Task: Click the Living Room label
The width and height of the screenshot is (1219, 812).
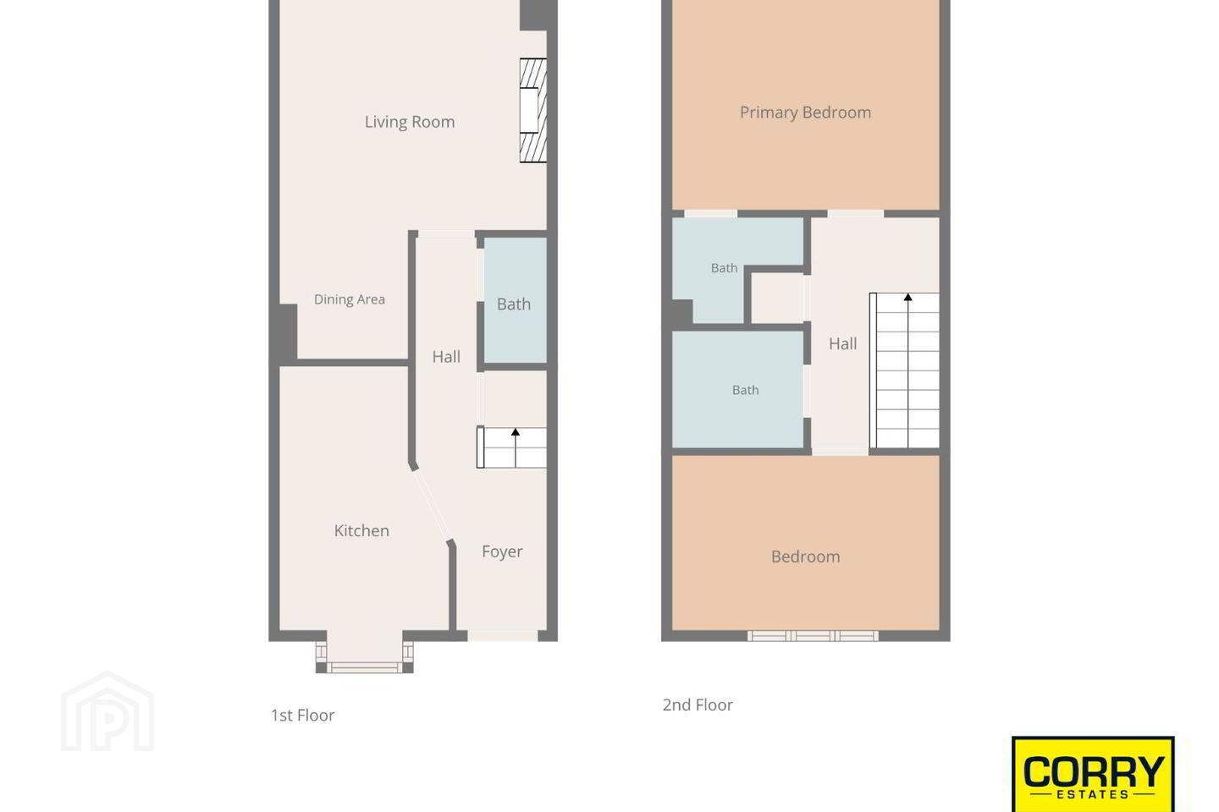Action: pos(409,122)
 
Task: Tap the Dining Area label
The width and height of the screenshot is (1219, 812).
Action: pos(350,299)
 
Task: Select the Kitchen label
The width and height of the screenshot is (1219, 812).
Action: pos(361,530)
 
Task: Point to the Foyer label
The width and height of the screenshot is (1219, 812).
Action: pos(502,551)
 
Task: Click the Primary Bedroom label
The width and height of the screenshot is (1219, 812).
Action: pos(805,112)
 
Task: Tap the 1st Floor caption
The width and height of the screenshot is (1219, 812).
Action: pos(302,716)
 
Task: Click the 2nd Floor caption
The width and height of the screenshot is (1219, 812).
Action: pos(698,705)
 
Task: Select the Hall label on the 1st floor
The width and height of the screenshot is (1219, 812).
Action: pos(446,357)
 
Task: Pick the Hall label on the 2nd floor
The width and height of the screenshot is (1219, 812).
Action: pos(843,343)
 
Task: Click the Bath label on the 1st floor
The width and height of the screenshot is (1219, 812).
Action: pos(514,304)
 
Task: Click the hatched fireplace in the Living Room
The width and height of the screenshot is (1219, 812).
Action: pos(532,111)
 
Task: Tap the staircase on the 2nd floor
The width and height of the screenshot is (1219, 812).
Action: pos(904,370)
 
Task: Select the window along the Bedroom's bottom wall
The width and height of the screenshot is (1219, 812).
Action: pos(813,636)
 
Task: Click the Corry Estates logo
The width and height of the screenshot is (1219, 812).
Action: pos(1093,774)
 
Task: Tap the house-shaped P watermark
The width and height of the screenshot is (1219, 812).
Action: pos(108,712)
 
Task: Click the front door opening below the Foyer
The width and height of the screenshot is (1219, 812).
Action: pos(503,636)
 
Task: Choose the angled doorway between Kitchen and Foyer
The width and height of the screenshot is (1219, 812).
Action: pos(432,506)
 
